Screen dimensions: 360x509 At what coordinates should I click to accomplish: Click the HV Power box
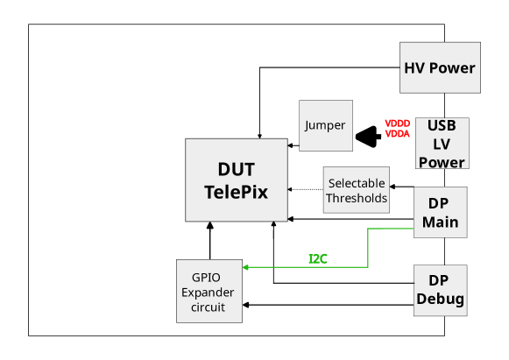pyautogui.click(x=440, y=67)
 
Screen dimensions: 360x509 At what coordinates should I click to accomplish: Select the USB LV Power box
pyautogui.click(x=442, y=144)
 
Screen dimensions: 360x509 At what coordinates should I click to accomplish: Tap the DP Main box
pyautogui.click(x=440, y=212)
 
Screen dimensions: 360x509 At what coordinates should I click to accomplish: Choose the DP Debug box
pyautogui.click(x=440, y=290)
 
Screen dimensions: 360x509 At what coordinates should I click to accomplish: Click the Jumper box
pyautogui.click(x=325, y=125)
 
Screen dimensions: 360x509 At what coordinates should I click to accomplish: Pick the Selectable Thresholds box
pyautogui.click(x=357, y=190)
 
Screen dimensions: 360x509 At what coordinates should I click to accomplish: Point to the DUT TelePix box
pyautogui.click(x=236, y=180)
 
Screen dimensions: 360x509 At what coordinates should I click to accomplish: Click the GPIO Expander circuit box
pyautogui.click(x=209, y=291)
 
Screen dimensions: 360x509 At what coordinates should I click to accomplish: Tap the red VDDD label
pyautogui.click(x=397, y=124)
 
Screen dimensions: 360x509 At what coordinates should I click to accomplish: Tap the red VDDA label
pyautogui.click(x=397, y=134)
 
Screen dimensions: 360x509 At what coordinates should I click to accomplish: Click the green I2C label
pyautogui.click(x=317, y=259)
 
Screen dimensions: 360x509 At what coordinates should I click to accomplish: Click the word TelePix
pyautogui.click(x=236, y=191)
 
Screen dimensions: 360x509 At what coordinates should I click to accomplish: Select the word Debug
pyautogui.click(x=440, y=299)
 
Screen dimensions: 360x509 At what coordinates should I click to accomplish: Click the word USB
pyautogui.click(x=442, y=125)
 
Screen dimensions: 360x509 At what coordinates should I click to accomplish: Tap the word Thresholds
pyautogui.click(x=357, y=198)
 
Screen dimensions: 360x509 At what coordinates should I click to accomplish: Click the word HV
pyautogui.click(x=414, y=67)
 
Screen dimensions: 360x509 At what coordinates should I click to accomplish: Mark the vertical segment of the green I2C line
pyautogui.click(x=367, y=248)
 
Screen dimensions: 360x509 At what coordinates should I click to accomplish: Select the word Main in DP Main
pyautogui.click(x=440, y=222)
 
